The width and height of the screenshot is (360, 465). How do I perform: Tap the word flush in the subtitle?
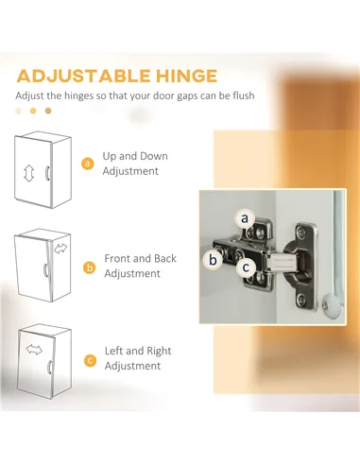[244, 95]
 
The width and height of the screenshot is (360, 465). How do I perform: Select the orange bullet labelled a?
[88, 164]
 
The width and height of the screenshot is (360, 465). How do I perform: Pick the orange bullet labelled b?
[90, 267]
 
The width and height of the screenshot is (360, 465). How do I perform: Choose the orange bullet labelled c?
[91, 360]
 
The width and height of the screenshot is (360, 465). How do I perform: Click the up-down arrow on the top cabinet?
[29, 173]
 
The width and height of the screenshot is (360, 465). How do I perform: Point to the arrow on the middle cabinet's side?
[60, 249]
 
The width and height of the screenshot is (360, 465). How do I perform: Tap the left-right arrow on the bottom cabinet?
[34, 350]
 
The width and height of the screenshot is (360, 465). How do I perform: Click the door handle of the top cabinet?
[47, 173]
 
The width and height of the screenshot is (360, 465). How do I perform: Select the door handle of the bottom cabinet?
[49, 367]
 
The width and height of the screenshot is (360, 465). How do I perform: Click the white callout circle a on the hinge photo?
[245, 218]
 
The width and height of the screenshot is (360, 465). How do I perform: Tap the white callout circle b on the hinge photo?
[214, 260]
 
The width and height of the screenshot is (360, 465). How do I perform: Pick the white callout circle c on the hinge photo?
[246, 267]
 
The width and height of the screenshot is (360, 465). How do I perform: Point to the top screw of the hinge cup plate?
[301, 232]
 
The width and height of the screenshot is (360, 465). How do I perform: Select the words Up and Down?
[135, 156]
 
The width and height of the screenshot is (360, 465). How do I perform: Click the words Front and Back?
[140, 258]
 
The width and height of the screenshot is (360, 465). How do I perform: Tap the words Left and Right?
[138, 351]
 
